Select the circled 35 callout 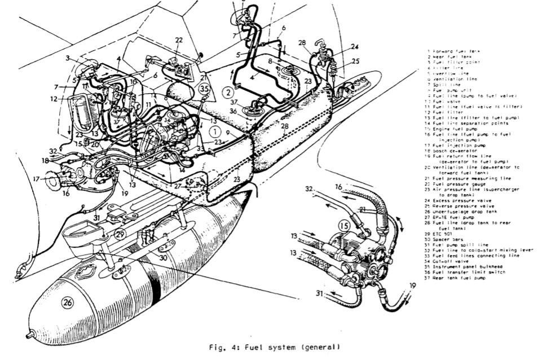click(205, 89)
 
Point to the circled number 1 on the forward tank click(214, 130)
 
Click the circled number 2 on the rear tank click(227, 93)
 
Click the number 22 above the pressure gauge click(179, 40)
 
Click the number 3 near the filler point click(67, 58)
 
